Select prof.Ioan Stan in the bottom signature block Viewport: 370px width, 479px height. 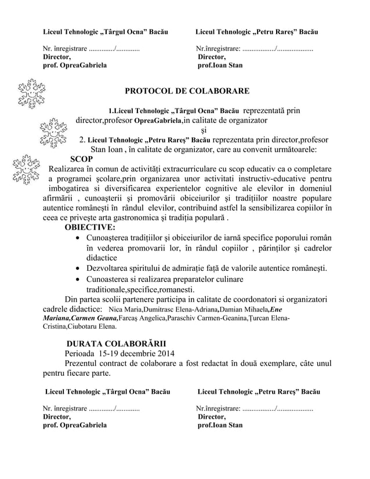pyautogui.click(x=221, y=425)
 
